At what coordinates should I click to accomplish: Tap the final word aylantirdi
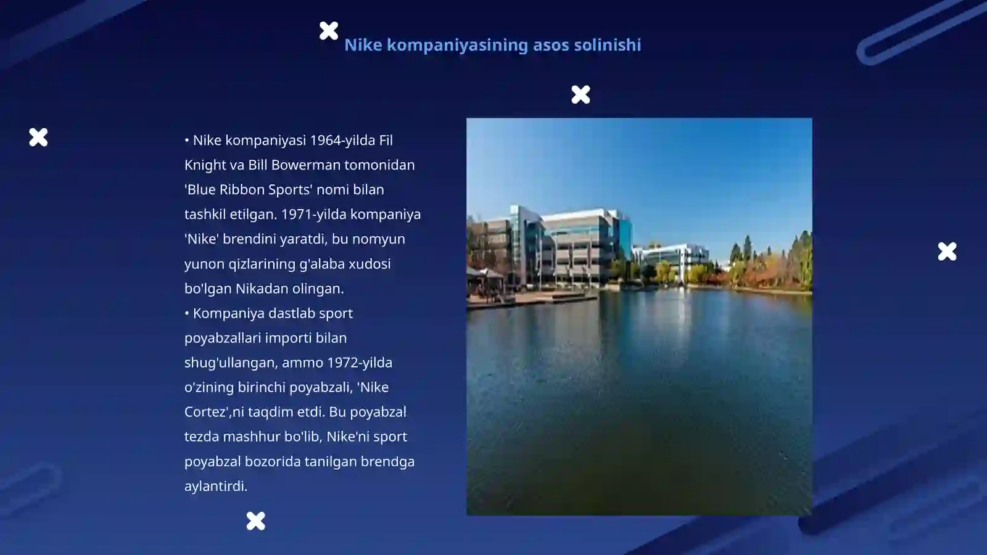215,486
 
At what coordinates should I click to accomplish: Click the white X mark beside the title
329,30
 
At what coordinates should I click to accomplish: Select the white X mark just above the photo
580,94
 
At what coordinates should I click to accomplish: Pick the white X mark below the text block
255,521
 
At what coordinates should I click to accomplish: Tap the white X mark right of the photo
947,252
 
